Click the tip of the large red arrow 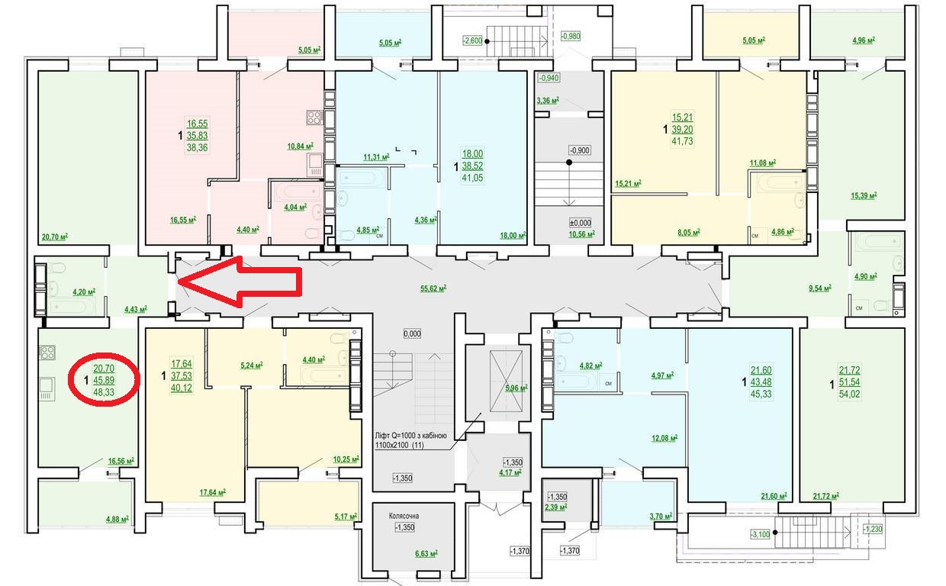coord(179,282)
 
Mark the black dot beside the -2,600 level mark coord(487,41)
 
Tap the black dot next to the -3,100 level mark coord(775,533)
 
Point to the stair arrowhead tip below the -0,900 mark coord(569,205)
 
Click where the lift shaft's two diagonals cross coord(506,381)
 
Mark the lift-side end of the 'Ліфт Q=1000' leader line coord(481,414)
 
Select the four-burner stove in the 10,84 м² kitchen coord(315,118)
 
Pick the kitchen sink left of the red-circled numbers coord(47,388)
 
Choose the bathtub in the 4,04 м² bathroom coord(298,192)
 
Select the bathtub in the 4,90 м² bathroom coord(878,243)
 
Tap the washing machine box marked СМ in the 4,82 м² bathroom coord(608,384)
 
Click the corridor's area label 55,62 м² coord(433,288)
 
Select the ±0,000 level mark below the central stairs coord(581,223)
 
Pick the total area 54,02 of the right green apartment coord(849,394)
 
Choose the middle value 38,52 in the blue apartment coord(472,166)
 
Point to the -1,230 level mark coord(873,529)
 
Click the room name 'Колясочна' coord(404,516)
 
